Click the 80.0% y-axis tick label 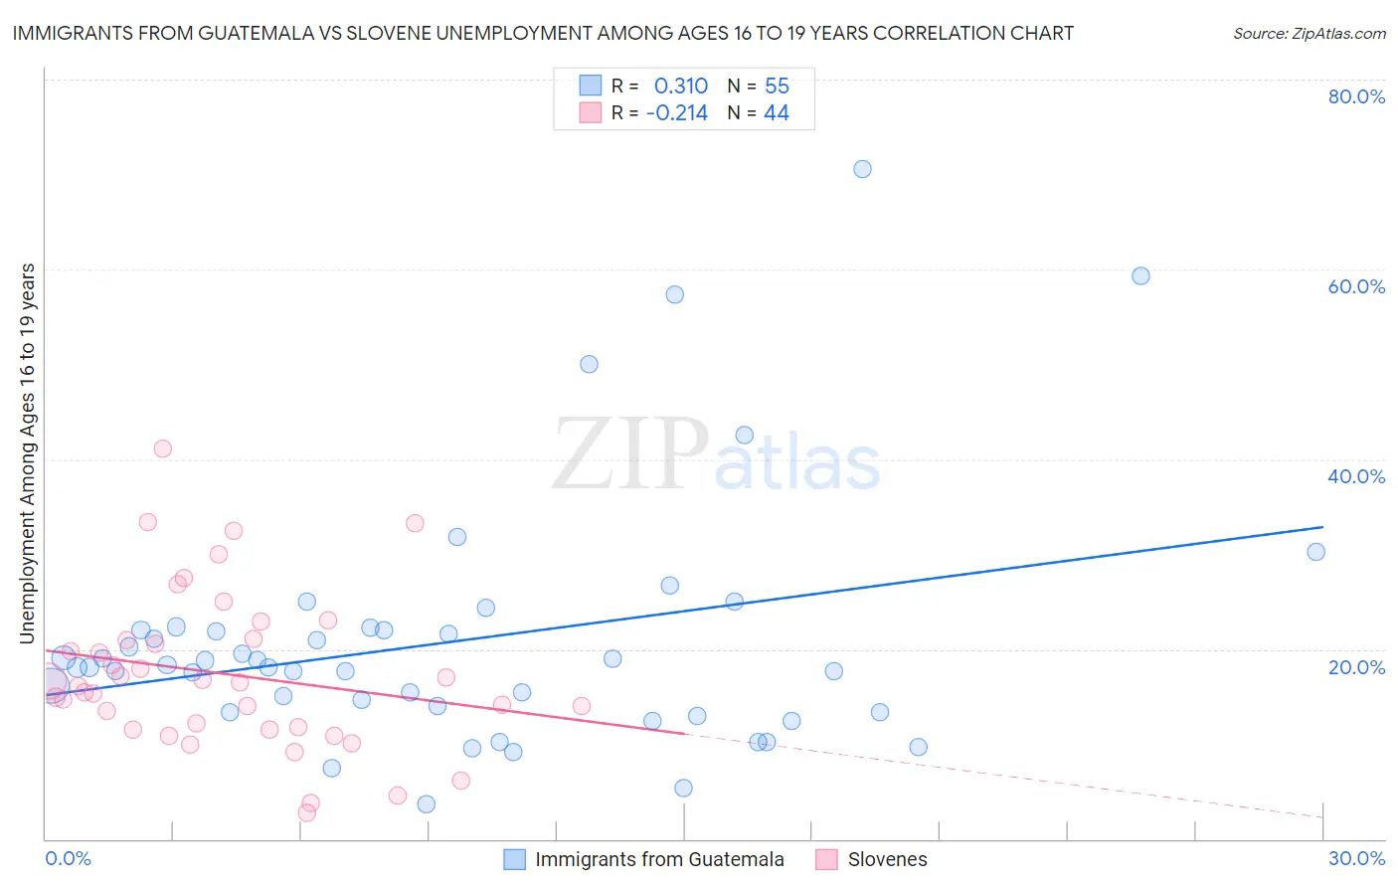click(x=1356, y=96)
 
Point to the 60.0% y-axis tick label click(x=1356, y=286)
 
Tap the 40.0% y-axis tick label click(x=1356, y=476)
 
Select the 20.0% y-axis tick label click(x=1356, y=666)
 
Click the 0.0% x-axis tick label click(x=68, y=858)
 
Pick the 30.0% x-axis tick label click(x=1356, y=858)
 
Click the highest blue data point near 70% click(x=862, y=169)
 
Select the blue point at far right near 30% click(x=1315, y=552)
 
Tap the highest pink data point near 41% click(x=162, y=448)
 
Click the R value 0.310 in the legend click(x=680, y=87)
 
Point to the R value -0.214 click(x=676, y=113)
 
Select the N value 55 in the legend click(x=777, y=87)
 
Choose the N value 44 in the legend click(x=776, y=113)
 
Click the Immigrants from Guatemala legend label click(x=659, y=859)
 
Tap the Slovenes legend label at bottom click(x=887, y=859)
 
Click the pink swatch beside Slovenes click(x=825, y=859)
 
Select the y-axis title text click(x=28, y=452)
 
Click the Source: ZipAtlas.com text click(x=1309, y=33)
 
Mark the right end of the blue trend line click(x=1322, y=527)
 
